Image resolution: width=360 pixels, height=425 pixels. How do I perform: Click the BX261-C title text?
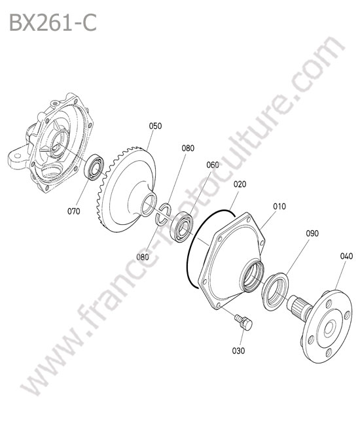click(53, 23)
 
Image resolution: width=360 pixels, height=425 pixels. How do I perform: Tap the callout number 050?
click(155, 126)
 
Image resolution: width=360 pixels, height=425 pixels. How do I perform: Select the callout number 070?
click(74, 211)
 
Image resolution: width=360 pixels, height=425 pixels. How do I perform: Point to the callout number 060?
click(213, 165)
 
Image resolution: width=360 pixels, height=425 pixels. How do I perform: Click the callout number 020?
click(240, 184)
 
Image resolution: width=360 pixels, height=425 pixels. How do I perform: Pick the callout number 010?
click(279, 207)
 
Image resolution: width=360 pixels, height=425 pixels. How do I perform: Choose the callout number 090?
click(312, 233)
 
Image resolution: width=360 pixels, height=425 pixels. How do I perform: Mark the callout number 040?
click(346, 256)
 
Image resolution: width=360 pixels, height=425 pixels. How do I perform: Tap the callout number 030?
click(238, 350)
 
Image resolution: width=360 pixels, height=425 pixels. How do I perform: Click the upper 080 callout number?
click(188, 148)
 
